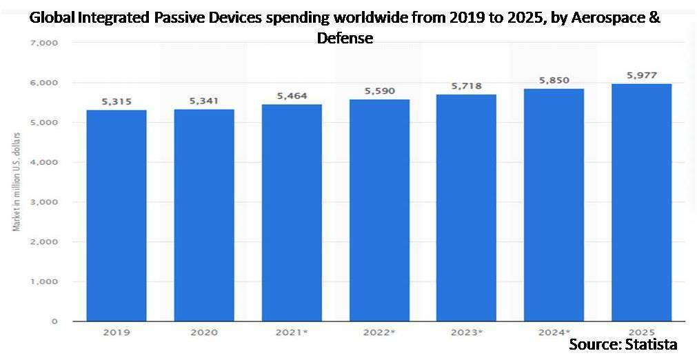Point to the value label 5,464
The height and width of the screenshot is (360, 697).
(291, 97)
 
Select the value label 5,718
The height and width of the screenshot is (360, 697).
(466, 87)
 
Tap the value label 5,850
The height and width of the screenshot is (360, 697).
(554, 81)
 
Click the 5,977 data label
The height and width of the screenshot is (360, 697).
(642, 76)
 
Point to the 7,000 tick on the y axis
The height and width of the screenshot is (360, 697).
(44, 43)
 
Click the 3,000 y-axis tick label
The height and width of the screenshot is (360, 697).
(44, 202)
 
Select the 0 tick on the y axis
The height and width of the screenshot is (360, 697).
(54, 321)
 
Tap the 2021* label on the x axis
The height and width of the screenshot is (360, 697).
(291, 332)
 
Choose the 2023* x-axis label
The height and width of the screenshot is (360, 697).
(466, 332)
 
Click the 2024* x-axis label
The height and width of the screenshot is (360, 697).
(554, 332)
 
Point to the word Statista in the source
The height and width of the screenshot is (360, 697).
(650, 344)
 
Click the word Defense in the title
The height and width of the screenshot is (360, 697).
(345, 38)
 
